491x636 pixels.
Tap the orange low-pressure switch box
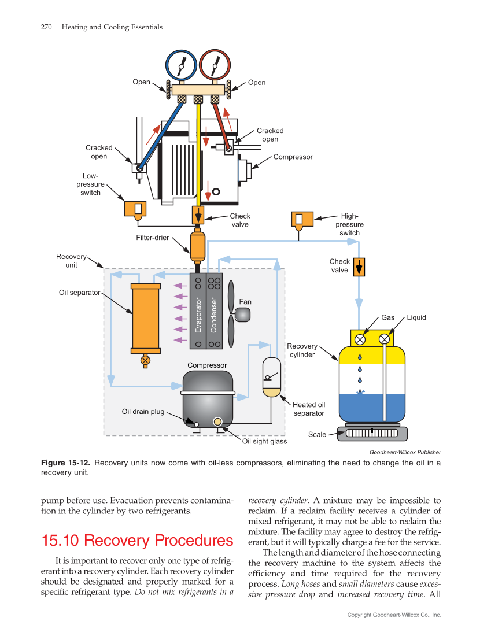tap(135, 208)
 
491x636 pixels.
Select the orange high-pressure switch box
tap(302, 219)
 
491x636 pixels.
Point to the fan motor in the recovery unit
tap(242, 314)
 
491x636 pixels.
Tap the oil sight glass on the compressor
tap(218, 421)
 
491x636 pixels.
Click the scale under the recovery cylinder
tap(372, 433)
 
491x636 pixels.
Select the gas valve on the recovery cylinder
tap(360, 339)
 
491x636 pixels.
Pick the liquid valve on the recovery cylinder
tap(384, 339)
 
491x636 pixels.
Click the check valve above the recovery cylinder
tap(359, 267)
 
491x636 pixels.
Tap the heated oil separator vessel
tap(271, 378)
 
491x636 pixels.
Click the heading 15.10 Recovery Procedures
tap(137, 541)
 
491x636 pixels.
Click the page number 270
tap(47, 27)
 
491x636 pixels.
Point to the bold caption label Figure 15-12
tap(66, 463)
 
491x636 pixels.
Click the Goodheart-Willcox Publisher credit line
tap(405, 452)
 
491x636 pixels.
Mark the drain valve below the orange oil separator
tap(145, 360)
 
